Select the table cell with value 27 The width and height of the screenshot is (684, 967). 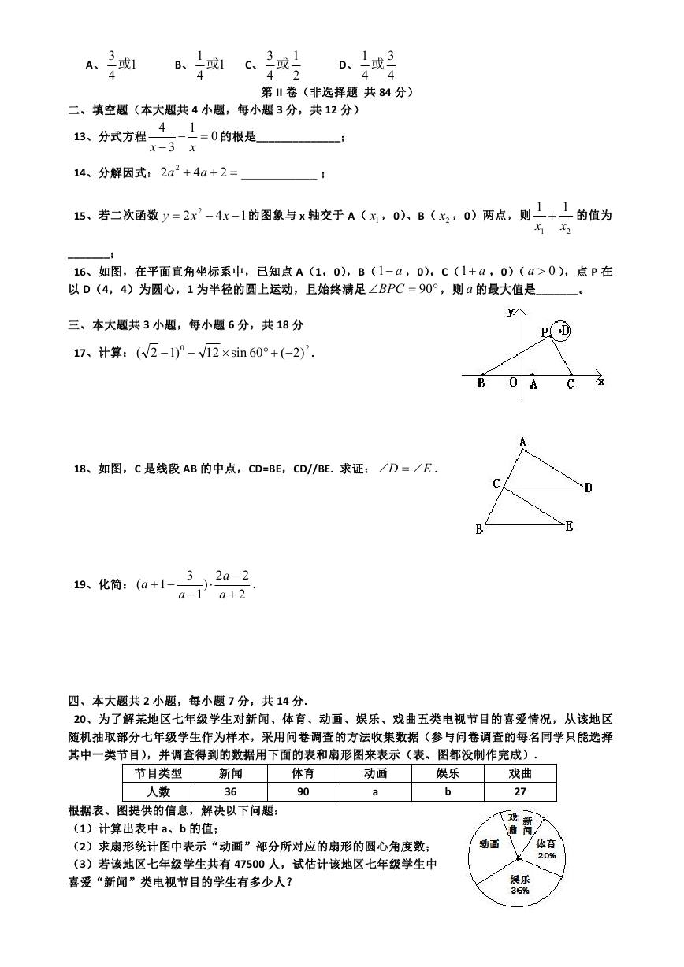(520, 791)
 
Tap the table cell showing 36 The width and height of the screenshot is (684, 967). (231, 791)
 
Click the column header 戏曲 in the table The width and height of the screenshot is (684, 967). (520, 772)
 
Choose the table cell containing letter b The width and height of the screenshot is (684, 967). (448, 791)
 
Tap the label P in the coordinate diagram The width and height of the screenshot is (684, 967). (545, 332)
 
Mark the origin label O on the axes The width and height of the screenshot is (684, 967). (512, 383)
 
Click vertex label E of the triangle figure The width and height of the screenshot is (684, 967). (569, 526)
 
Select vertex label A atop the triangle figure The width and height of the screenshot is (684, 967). (522, 443)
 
